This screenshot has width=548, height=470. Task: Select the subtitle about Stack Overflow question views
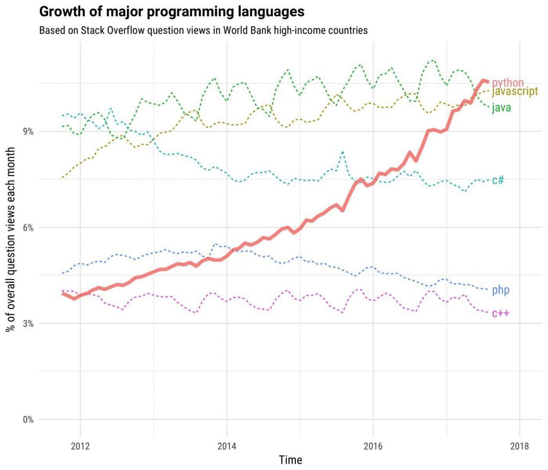click(x=203, y=30)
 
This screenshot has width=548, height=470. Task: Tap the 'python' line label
click(x=507, y=82)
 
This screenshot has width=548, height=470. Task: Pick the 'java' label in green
click(x=501, y=108)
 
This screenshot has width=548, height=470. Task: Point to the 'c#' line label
click(x=498, y=180)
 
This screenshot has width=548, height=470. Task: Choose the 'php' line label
click(x=500, y=290)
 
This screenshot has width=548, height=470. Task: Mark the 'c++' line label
click(x=500, y=313)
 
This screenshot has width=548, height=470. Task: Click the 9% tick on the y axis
click(x=27, y=132)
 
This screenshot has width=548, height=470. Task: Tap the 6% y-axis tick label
click(x=27, y=228)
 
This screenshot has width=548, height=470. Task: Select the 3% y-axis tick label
click(x=27, y=323)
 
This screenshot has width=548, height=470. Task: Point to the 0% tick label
click(x=27, y=419)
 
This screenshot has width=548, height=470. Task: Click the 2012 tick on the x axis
click(x=80, y=446)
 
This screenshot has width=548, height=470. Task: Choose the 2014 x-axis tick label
click(x=226, y=446)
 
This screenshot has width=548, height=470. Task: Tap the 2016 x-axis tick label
click(x=373, y=446)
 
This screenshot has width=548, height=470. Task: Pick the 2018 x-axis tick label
click(x=519, y=446)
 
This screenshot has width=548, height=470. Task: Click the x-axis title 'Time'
click(x=290, y=460)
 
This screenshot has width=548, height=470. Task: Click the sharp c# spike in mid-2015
click(x=342, y=152)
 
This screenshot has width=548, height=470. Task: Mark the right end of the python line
click(x=488, y=81)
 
